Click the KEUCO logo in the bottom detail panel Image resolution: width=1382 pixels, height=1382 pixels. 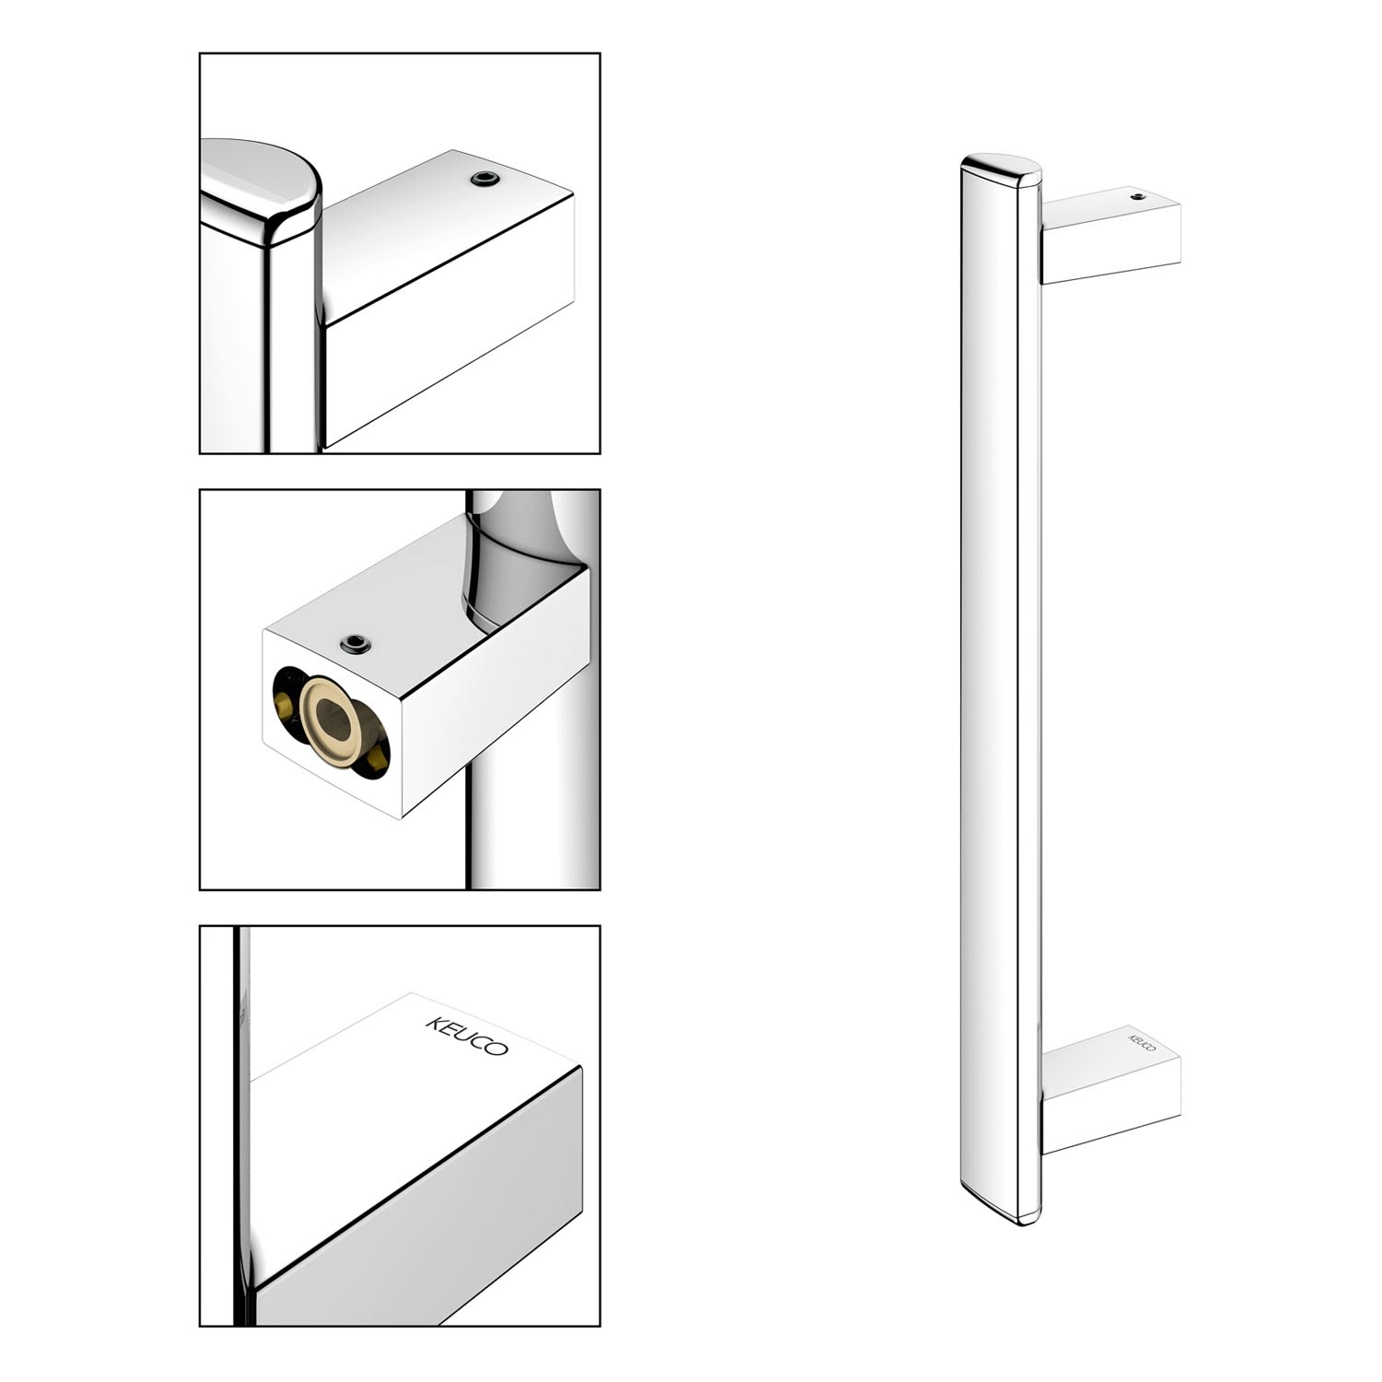(466, 1036)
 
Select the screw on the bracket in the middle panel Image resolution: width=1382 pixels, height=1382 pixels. (356, 644)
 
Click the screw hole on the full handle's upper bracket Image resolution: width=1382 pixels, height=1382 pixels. (1135, 196)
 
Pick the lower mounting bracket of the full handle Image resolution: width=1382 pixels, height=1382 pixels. (1111, 1089)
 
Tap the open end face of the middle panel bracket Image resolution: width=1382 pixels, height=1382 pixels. (332, 724)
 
